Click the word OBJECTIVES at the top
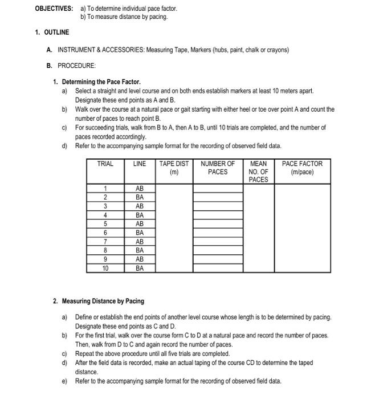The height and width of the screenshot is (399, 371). [x=54, y=9]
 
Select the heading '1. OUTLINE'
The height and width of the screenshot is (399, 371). [x=52, y=32]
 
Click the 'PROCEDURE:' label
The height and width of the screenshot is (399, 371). [x=72, y=66]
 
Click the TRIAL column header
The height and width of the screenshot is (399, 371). [x=105, y=164]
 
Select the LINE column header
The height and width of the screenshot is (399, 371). [x=140, y=164]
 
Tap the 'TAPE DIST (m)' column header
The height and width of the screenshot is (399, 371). [x=174, y=168]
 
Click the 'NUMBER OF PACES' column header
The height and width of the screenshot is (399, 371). [x=218, y=168]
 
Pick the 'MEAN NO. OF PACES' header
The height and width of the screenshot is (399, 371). [x=258, y=172]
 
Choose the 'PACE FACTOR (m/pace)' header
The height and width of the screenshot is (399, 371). [x=302, y=168]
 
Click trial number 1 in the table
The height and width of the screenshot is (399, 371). [x=105, y=189]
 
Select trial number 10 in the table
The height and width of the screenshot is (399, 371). [x=105, y=268]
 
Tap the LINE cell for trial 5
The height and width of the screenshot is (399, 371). [x=140, y=224]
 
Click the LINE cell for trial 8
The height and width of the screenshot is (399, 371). [x=140, y=250]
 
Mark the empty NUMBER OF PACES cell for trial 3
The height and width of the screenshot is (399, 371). [x=218, y=206]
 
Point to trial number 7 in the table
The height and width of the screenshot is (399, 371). [x=105, y=242]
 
